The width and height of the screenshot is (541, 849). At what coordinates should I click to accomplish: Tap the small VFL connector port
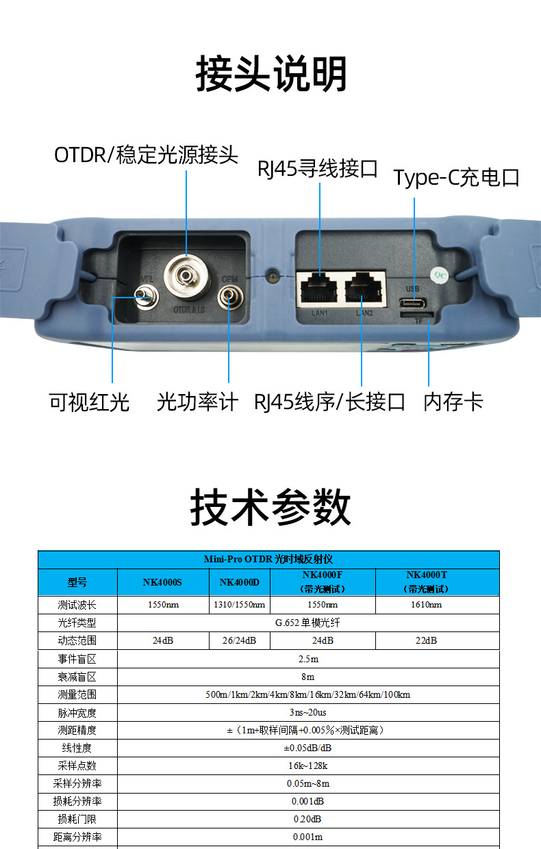[146, 298]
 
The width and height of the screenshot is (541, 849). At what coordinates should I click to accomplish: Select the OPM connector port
[230, 297]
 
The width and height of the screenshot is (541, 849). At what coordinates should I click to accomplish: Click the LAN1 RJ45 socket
[318, 289]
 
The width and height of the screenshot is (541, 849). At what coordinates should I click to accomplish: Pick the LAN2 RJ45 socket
[363, 289]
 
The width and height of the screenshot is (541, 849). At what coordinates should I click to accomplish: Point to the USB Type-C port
[413, 303]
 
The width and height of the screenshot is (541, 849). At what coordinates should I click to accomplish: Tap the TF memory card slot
[417, 315]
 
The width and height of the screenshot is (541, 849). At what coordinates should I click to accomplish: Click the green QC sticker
[440, 275]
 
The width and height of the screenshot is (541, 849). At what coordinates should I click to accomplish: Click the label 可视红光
[89, 402]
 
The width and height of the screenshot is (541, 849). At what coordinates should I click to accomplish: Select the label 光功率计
[198, 402]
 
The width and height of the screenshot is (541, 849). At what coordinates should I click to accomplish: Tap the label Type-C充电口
[456, 178]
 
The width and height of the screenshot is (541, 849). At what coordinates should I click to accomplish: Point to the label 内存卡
[453, 402]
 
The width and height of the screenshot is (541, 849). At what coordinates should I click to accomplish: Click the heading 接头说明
[271, 73]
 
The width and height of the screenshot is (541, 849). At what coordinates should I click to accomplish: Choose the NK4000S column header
[162, 582]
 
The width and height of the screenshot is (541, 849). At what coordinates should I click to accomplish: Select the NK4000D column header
[240, 582]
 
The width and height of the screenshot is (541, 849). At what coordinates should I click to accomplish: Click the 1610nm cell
[427, 605]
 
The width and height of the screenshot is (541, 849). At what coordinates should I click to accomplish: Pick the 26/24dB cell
[239, 640]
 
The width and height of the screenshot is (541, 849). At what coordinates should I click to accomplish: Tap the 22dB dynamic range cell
[426, 640]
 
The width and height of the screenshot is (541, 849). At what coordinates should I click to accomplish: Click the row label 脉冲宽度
[77, 713]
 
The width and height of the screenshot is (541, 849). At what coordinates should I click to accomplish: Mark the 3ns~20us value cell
[307, 713]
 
